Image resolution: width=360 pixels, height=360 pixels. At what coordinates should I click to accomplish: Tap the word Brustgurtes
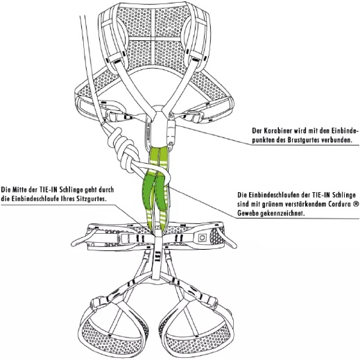coord(302,140)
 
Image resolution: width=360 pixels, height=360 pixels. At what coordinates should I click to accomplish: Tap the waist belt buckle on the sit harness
coord(126,238)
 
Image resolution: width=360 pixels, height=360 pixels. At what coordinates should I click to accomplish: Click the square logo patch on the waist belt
coord(203,238)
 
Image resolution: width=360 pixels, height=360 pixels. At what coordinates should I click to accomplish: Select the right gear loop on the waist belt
coord(228,238)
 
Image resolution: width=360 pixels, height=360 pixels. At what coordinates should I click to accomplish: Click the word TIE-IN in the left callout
coord(48,189)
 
